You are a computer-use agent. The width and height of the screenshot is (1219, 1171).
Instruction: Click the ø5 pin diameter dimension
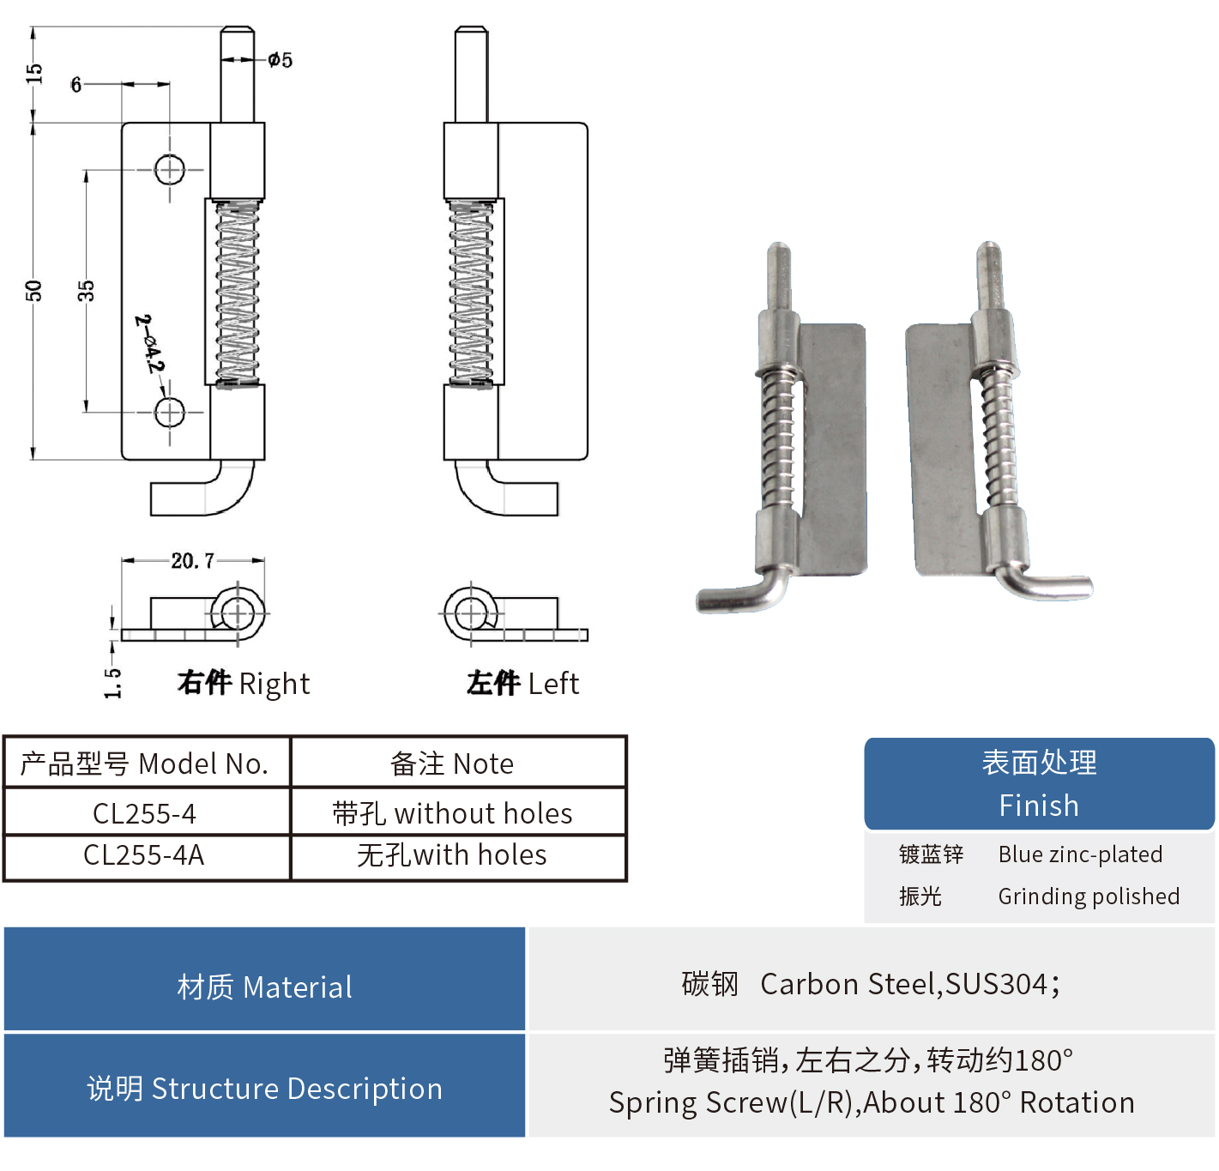point(280,60)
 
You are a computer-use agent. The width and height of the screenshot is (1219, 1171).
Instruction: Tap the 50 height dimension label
point(33,291)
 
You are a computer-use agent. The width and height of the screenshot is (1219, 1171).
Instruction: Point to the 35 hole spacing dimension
point(86,291)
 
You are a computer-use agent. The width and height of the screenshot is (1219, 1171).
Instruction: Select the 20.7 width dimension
point(192,561)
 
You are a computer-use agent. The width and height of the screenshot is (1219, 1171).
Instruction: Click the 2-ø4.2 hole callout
point(149,344)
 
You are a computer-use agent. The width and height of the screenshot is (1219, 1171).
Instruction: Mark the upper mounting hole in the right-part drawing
point(170,169)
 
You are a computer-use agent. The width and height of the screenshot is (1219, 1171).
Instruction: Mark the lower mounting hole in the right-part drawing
point(170,412)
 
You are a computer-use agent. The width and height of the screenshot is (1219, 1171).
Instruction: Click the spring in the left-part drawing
point(471,292)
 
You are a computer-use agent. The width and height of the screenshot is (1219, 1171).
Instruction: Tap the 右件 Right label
point(244,683)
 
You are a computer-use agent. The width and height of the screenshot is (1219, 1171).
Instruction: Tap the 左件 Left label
point(522,683)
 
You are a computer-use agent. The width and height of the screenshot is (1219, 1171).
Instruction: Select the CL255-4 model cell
point(145,813)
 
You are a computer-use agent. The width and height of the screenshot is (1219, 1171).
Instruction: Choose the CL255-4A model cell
point(144,855)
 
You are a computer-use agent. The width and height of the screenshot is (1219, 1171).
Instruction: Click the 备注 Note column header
point(452,764)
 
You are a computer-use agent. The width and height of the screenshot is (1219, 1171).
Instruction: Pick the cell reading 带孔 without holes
point(452,813)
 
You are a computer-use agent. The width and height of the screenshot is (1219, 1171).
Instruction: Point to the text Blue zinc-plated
point(1080,854)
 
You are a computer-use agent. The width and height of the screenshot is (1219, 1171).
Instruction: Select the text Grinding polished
point(1089,896)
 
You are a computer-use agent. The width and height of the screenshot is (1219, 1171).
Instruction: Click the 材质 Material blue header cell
point(264,987)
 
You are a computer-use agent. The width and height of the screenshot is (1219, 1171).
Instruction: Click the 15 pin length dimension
point(33,74)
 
